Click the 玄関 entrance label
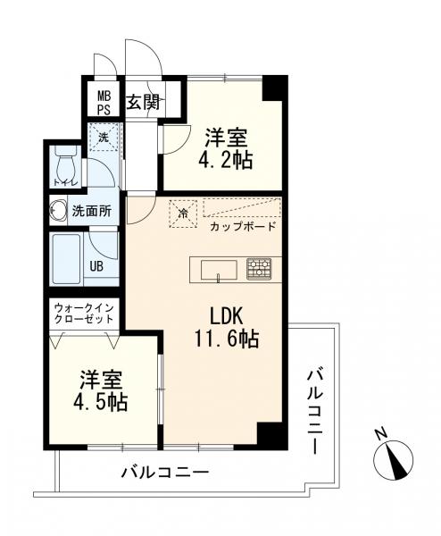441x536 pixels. click(x=143, y=102)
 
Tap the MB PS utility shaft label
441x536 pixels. click(x=104, y=103)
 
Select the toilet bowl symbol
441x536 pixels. click(x=64, y=167)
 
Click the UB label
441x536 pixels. click(x=96, y=266)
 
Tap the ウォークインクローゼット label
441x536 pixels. click(x=84, y=314)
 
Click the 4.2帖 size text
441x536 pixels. click(x=226, y=160)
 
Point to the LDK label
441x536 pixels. click(x=226, y=316)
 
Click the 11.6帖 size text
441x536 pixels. click(x=226, y=338)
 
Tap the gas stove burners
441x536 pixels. click(x=259, y=268)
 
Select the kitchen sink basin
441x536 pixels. click(x=219, y=271)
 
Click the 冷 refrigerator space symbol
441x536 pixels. click(x=184, y=214)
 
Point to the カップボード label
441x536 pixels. click(x=243, y=226)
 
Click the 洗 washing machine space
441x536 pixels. click(x=104, y=137)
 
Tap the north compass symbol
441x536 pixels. click(x=393, y=459)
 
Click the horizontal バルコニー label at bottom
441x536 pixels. click(x=165, y=473)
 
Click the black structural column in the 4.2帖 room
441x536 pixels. click(x=272, y=88)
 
